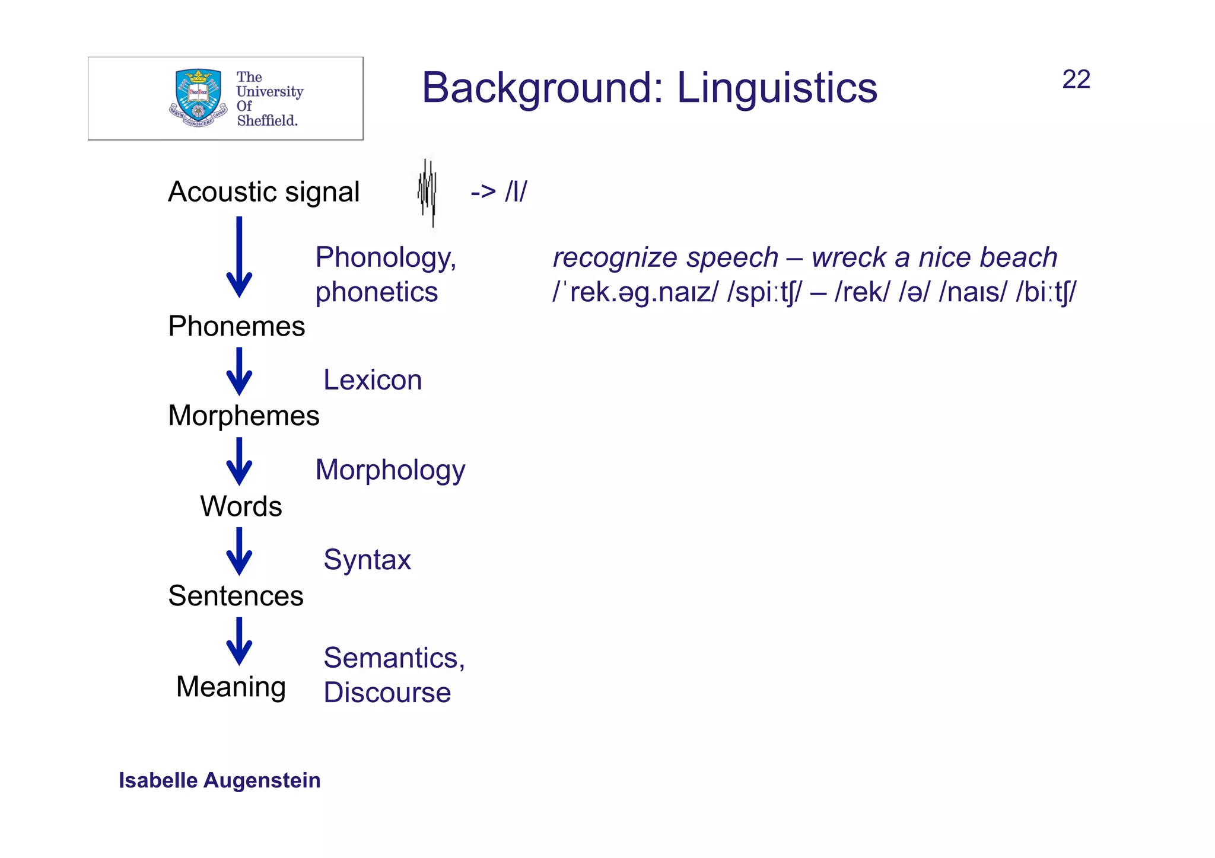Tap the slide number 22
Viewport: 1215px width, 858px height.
click(x=1076, y=79)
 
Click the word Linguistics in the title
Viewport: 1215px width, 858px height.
click(x=777, y=88)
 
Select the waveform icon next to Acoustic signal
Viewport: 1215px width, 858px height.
click(x=427, y=192)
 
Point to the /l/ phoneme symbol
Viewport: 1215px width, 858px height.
click(x=516, y=192)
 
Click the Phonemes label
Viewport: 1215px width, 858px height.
click(x=236, y=326)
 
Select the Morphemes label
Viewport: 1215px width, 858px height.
click(x=243, y=415)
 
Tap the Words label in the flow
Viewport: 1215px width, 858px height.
click(x=241, y=506)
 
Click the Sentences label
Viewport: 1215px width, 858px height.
click(x=236, y=595)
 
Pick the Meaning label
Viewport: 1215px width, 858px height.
click(x=231, y=687)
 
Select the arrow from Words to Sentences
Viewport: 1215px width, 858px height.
click(x=239, y=551)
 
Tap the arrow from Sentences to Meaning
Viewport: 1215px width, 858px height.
click(x=239, y=641)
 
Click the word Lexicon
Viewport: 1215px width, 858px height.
click(x=373, y=379)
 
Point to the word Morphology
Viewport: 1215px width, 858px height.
click(x=390, y=470)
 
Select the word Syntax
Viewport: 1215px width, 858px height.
click(x=367, y=559)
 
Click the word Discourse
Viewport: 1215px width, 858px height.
click(x=387, y=692)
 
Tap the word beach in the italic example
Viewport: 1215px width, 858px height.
click(x=1018, y=257)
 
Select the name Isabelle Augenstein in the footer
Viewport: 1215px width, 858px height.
click(x=220, y=780)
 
